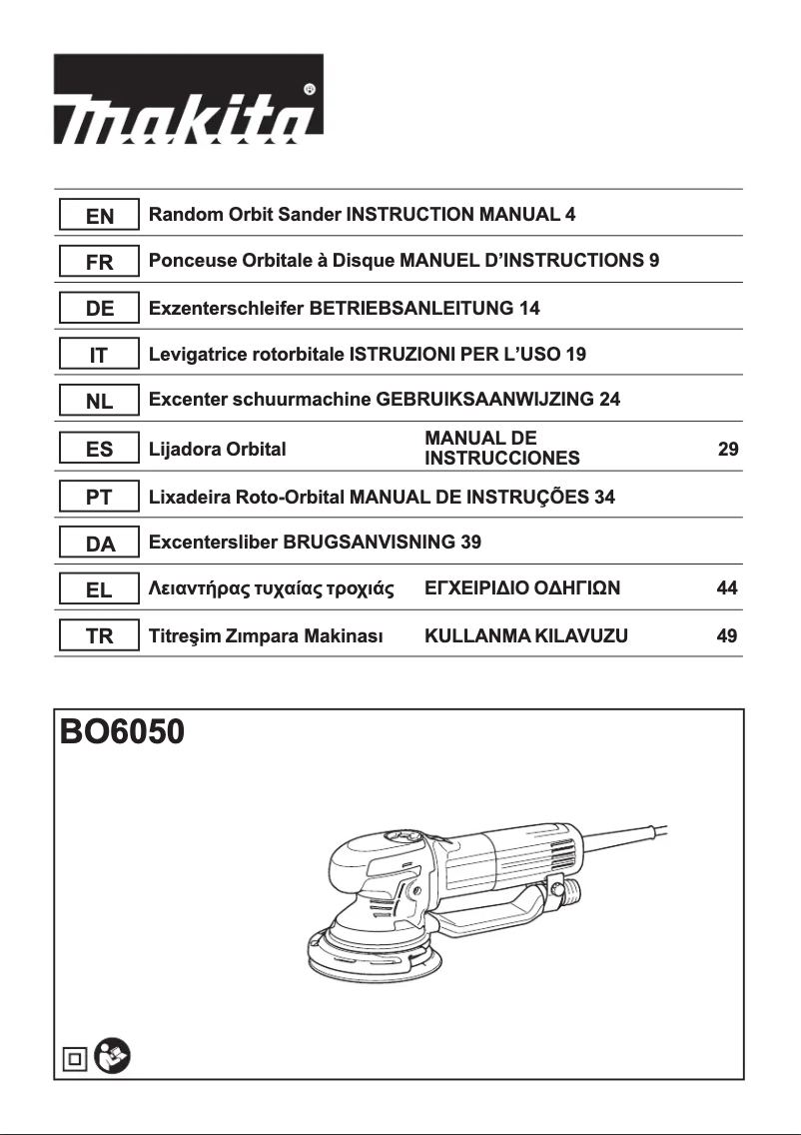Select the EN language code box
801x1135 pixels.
coord(100,215)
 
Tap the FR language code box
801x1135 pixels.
coord(100,263)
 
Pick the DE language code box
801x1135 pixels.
coord(100,309)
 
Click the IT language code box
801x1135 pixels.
coord(100,355)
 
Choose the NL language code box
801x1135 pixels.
coord(100,402)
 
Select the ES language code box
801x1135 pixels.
coord(100,450)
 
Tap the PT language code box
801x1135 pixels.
coord(100,497)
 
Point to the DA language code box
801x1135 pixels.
coord(100,544)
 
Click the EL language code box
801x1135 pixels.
coord(100,589)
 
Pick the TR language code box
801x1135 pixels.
coord(100,635)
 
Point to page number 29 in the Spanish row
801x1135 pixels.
coord(728,450)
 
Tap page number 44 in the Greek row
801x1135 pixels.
coord(727,589)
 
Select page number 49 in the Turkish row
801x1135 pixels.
coord(727,635)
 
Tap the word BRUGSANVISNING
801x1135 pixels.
coord(371,544)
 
